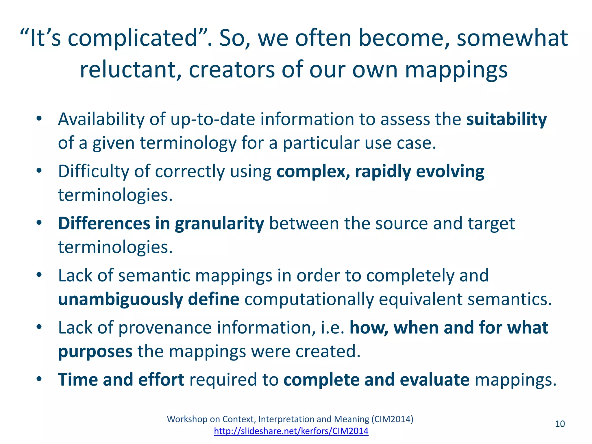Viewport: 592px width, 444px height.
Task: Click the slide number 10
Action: pos(560,424)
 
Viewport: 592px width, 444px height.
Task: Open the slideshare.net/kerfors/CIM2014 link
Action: pos(291,431)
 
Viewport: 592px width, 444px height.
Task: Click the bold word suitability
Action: pos(506,119)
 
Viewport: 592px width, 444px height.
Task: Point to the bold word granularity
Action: pos(219,223)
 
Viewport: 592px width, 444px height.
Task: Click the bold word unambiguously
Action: pos(121,299)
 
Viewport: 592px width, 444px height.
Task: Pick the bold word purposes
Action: pos(95,351)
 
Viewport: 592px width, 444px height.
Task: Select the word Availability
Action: pos(101,119)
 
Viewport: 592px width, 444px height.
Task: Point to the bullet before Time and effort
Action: pos(39,379)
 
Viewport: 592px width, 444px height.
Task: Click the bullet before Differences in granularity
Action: pos(39,223)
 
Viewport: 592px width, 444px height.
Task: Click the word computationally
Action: pos(309,299)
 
